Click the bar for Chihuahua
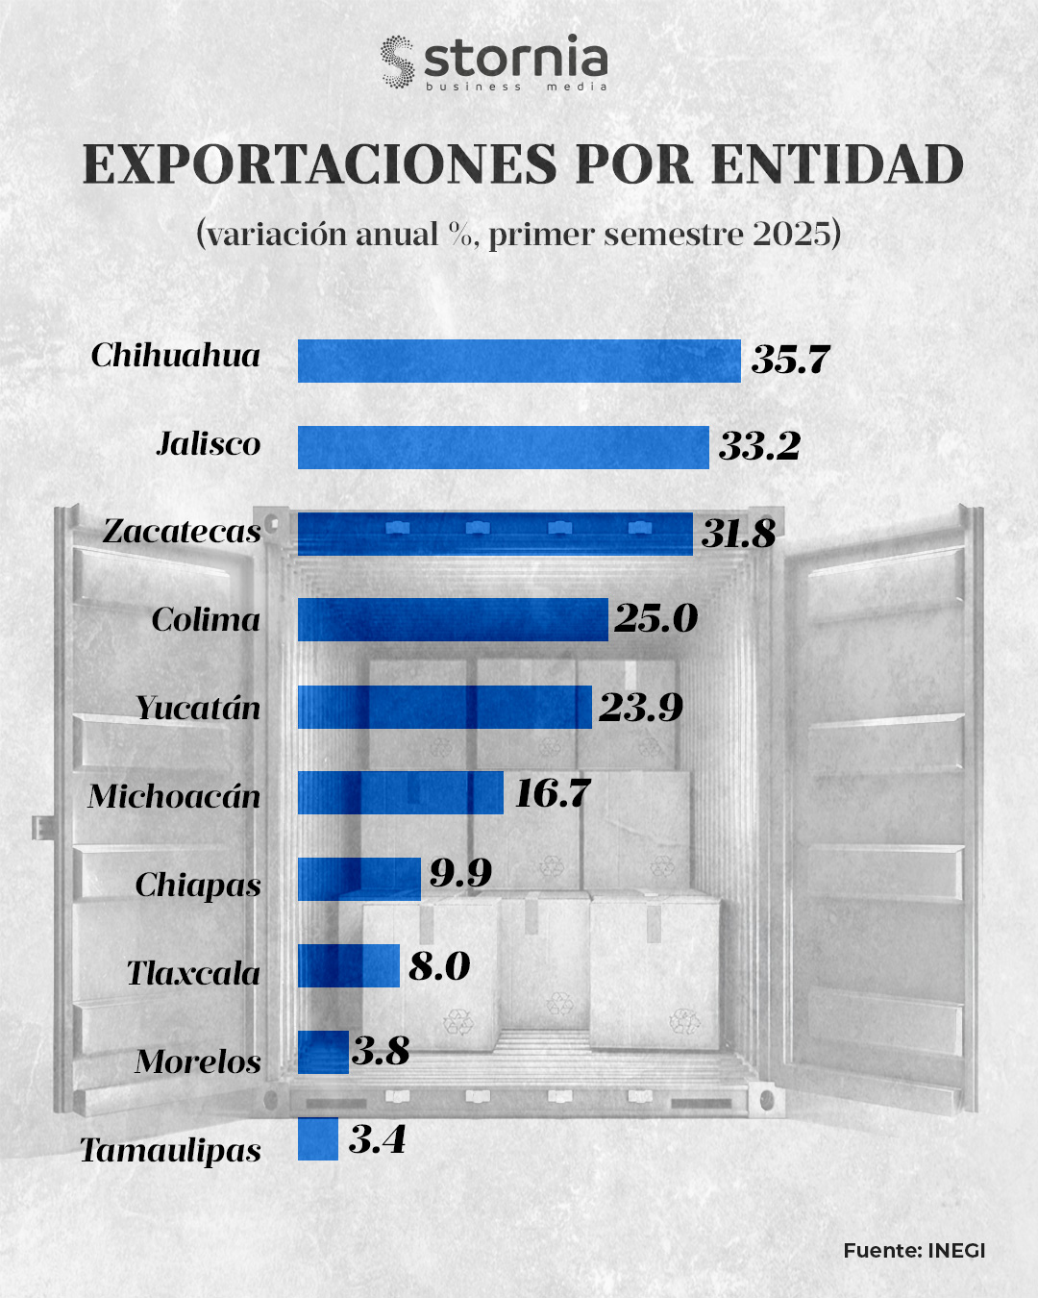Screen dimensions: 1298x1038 pos(519,361)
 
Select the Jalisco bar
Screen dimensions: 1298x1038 pos(503,447)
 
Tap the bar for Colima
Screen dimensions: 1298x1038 pos(453,619)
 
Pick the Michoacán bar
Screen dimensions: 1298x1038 pos(400,792)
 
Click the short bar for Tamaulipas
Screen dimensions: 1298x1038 pos(318,1138)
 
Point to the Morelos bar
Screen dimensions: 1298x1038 pos(323,1052)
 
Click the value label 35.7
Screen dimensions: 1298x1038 pos(790,360)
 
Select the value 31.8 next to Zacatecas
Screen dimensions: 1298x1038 pos(738,534)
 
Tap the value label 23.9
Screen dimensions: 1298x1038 pos(641,708)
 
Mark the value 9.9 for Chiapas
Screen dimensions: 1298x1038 pos(460,873)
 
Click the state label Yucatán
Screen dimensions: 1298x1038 pos(198,709)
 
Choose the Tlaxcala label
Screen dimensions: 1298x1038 pos(193,973)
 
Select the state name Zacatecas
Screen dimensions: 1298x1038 pos(182,531)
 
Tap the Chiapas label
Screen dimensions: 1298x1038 pos(198,885)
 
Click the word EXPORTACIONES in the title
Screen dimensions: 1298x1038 pos(319,164)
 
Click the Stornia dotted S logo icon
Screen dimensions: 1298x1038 pos(396,62)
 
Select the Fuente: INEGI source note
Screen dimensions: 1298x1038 pos(914,1251)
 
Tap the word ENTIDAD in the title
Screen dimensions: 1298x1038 pos(837,164)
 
